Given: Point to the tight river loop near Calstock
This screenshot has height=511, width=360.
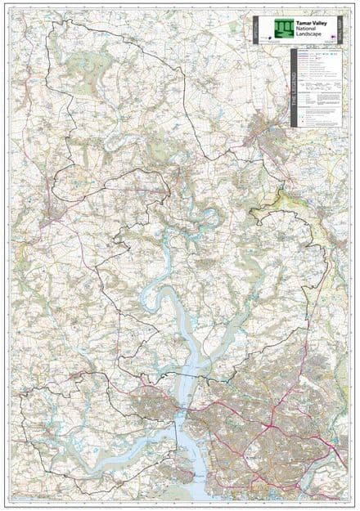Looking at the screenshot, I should [x=209, y=217].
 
